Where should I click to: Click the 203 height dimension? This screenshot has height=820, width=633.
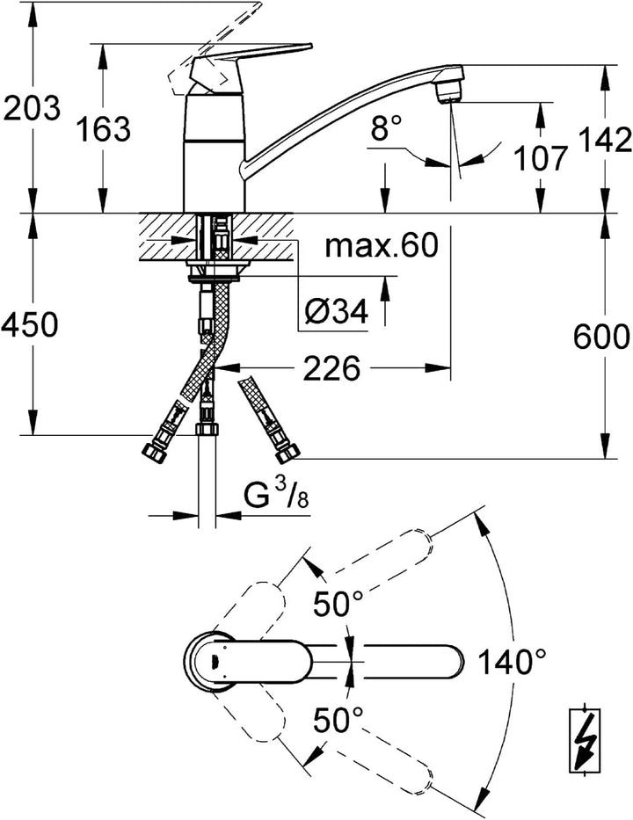tap(32, 108)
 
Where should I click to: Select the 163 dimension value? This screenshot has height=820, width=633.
tap(103, 128)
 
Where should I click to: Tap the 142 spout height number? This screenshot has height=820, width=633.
tap(604, 139)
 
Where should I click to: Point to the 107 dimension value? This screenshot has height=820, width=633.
tap(541, 158)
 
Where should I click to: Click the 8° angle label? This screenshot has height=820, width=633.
tap(387, 128)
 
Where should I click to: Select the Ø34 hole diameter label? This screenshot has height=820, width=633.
tap(337, 311)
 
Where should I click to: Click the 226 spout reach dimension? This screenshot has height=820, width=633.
tap(332, 368)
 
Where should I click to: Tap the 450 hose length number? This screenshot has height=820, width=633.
tap(29, 324)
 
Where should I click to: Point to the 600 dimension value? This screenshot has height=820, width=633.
tap(601, 337)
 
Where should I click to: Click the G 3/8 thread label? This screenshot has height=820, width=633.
tap(276, 495)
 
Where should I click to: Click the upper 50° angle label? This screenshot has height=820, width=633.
tap(338, 605)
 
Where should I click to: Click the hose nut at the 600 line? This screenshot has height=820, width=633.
tap(287, 453)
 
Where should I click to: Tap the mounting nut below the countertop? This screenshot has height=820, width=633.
tap(216, 272)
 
